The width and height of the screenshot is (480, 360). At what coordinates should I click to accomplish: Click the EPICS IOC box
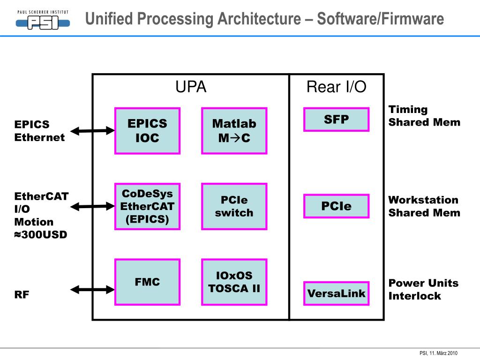pos(147,131)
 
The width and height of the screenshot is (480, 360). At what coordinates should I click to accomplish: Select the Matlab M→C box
pos(234,131)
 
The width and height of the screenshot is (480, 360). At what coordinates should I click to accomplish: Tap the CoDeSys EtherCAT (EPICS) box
pos(147,206)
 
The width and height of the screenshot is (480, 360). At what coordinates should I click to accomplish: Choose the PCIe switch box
pos(234,206)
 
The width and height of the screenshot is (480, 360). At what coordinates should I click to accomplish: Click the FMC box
pos(147,282)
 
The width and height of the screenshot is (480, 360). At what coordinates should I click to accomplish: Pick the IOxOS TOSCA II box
pos(234,282)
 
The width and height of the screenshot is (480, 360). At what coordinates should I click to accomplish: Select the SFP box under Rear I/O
pos(336,120)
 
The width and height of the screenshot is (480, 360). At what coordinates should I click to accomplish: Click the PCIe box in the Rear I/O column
pos(336,206)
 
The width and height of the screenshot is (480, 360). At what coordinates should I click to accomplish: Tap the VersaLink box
pos(336,293)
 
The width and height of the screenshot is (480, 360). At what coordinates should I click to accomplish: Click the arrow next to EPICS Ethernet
pos(92,131)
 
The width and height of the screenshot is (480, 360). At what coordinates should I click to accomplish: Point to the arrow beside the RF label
pos(92,289)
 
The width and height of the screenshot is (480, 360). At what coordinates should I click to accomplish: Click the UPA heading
pos(191,87)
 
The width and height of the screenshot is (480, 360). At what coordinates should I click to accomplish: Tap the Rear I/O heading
pos(336,87)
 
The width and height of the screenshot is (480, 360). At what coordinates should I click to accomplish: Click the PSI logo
pos(43,20)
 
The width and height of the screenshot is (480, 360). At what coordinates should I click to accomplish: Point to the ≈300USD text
pos(41,234)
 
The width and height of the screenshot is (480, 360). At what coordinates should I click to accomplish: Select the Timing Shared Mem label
pos(424,116)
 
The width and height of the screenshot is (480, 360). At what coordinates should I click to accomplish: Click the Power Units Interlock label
pos(423,289)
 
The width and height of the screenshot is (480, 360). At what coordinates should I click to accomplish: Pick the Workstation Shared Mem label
pos(424,206)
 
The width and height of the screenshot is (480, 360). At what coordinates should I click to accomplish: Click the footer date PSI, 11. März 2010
pos(438,353)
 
